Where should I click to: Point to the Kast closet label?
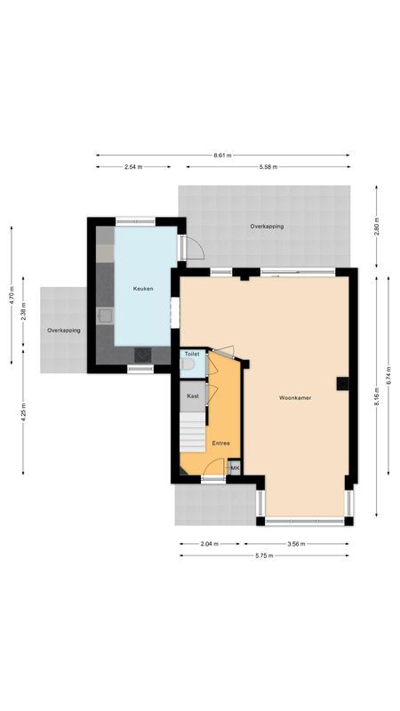192,396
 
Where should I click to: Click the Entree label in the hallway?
220,443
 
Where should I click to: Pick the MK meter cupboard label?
235,467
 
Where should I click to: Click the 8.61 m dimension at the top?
222,156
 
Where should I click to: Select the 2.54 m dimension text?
134,166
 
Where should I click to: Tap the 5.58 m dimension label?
268,166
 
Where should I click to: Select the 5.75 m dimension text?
264,555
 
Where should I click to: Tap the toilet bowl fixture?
187,363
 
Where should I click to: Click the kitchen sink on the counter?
105,314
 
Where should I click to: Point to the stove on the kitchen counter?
142,354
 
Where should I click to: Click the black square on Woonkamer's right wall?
341,384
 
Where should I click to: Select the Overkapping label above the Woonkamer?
267,227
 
